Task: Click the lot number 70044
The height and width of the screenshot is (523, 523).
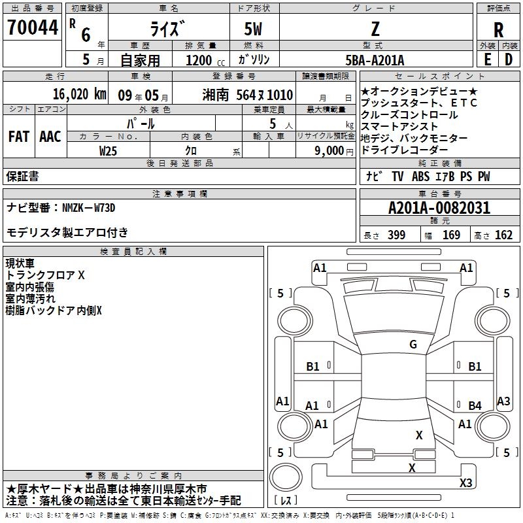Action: [x=33, y=28]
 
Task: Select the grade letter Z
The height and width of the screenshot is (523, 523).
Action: [x=375, y=29]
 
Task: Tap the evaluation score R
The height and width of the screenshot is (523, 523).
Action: [x=498, y=29]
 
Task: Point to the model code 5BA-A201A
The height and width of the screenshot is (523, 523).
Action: [x=375, y=60]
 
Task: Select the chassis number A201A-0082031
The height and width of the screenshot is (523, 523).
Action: [x=439, y=208]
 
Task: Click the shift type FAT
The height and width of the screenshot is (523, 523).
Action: [x=18, y=137]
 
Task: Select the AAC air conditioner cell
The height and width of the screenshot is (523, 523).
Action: [x=50, y=137]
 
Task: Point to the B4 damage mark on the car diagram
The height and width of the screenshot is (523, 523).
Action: [x=475, y=406]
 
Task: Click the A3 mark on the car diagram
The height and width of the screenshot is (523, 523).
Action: [x=503, y=401]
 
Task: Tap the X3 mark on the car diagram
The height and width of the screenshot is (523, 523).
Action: [x=465, y=483]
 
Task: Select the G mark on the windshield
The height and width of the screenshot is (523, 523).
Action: [x=413, y=345]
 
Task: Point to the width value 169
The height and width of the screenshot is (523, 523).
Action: [x=451, y=235]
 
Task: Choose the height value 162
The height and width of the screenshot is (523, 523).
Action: [x=503, y=235]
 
